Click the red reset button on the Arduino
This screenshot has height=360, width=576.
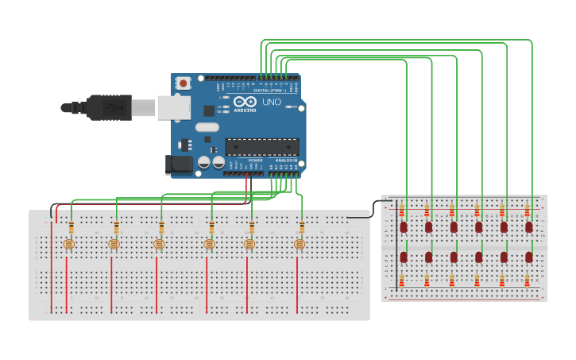184,83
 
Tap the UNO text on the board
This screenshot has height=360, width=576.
272,102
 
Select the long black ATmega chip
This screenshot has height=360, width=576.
262,146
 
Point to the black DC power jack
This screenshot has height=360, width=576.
178,165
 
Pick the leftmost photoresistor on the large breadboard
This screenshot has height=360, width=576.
67,245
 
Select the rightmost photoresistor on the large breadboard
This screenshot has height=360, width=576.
300,245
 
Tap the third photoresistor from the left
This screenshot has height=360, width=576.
158,245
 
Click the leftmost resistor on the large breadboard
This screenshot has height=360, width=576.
72,229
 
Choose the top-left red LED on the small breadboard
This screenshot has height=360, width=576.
404,226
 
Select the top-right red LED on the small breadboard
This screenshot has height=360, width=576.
529,226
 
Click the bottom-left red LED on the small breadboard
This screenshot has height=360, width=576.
404,257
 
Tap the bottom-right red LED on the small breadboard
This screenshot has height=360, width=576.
529,257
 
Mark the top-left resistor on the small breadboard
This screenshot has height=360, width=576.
402,211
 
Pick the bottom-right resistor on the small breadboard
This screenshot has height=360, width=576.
528,280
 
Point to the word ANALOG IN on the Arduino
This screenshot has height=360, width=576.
286,161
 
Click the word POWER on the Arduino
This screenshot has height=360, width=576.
256,161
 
